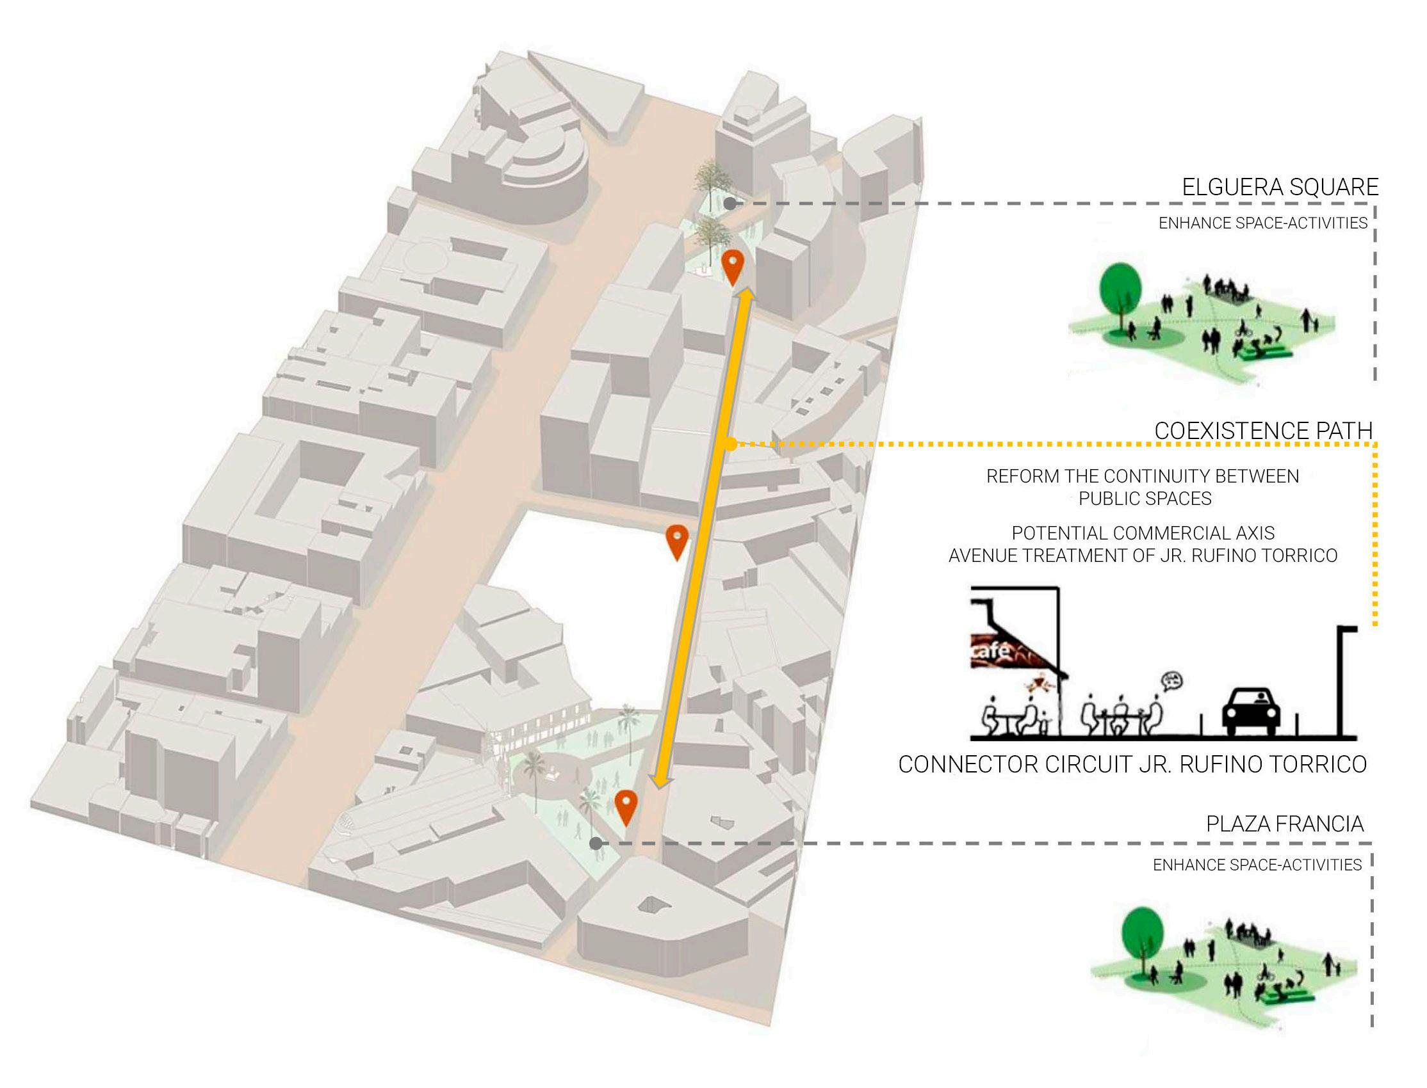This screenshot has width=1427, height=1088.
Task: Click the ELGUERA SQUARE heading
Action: click(x=1280, y=187)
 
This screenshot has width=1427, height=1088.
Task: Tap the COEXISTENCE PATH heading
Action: click(x=1264, y=431)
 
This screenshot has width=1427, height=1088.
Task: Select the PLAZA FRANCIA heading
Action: click(x=1284, y=824)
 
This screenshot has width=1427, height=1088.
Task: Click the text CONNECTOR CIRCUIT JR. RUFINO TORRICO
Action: click(x=1132, y=764)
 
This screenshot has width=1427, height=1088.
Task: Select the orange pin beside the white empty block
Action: click(x=677, y=541)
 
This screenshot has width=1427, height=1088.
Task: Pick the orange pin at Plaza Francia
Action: click(x=626, y=806)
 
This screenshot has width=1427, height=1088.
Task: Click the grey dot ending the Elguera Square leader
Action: click(x=730, y=204)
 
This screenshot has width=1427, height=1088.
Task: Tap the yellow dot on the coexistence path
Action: click(x=730, y=444)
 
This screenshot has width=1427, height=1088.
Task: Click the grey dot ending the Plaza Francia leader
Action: click(x=596, y=844)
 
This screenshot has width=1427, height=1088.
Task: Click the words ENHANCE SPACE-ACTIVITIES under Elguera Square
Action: click(x=1262, y=223)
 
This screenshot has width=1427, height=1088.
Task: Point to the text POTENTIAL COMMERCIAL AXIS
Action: click(x=1143, y=533)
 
